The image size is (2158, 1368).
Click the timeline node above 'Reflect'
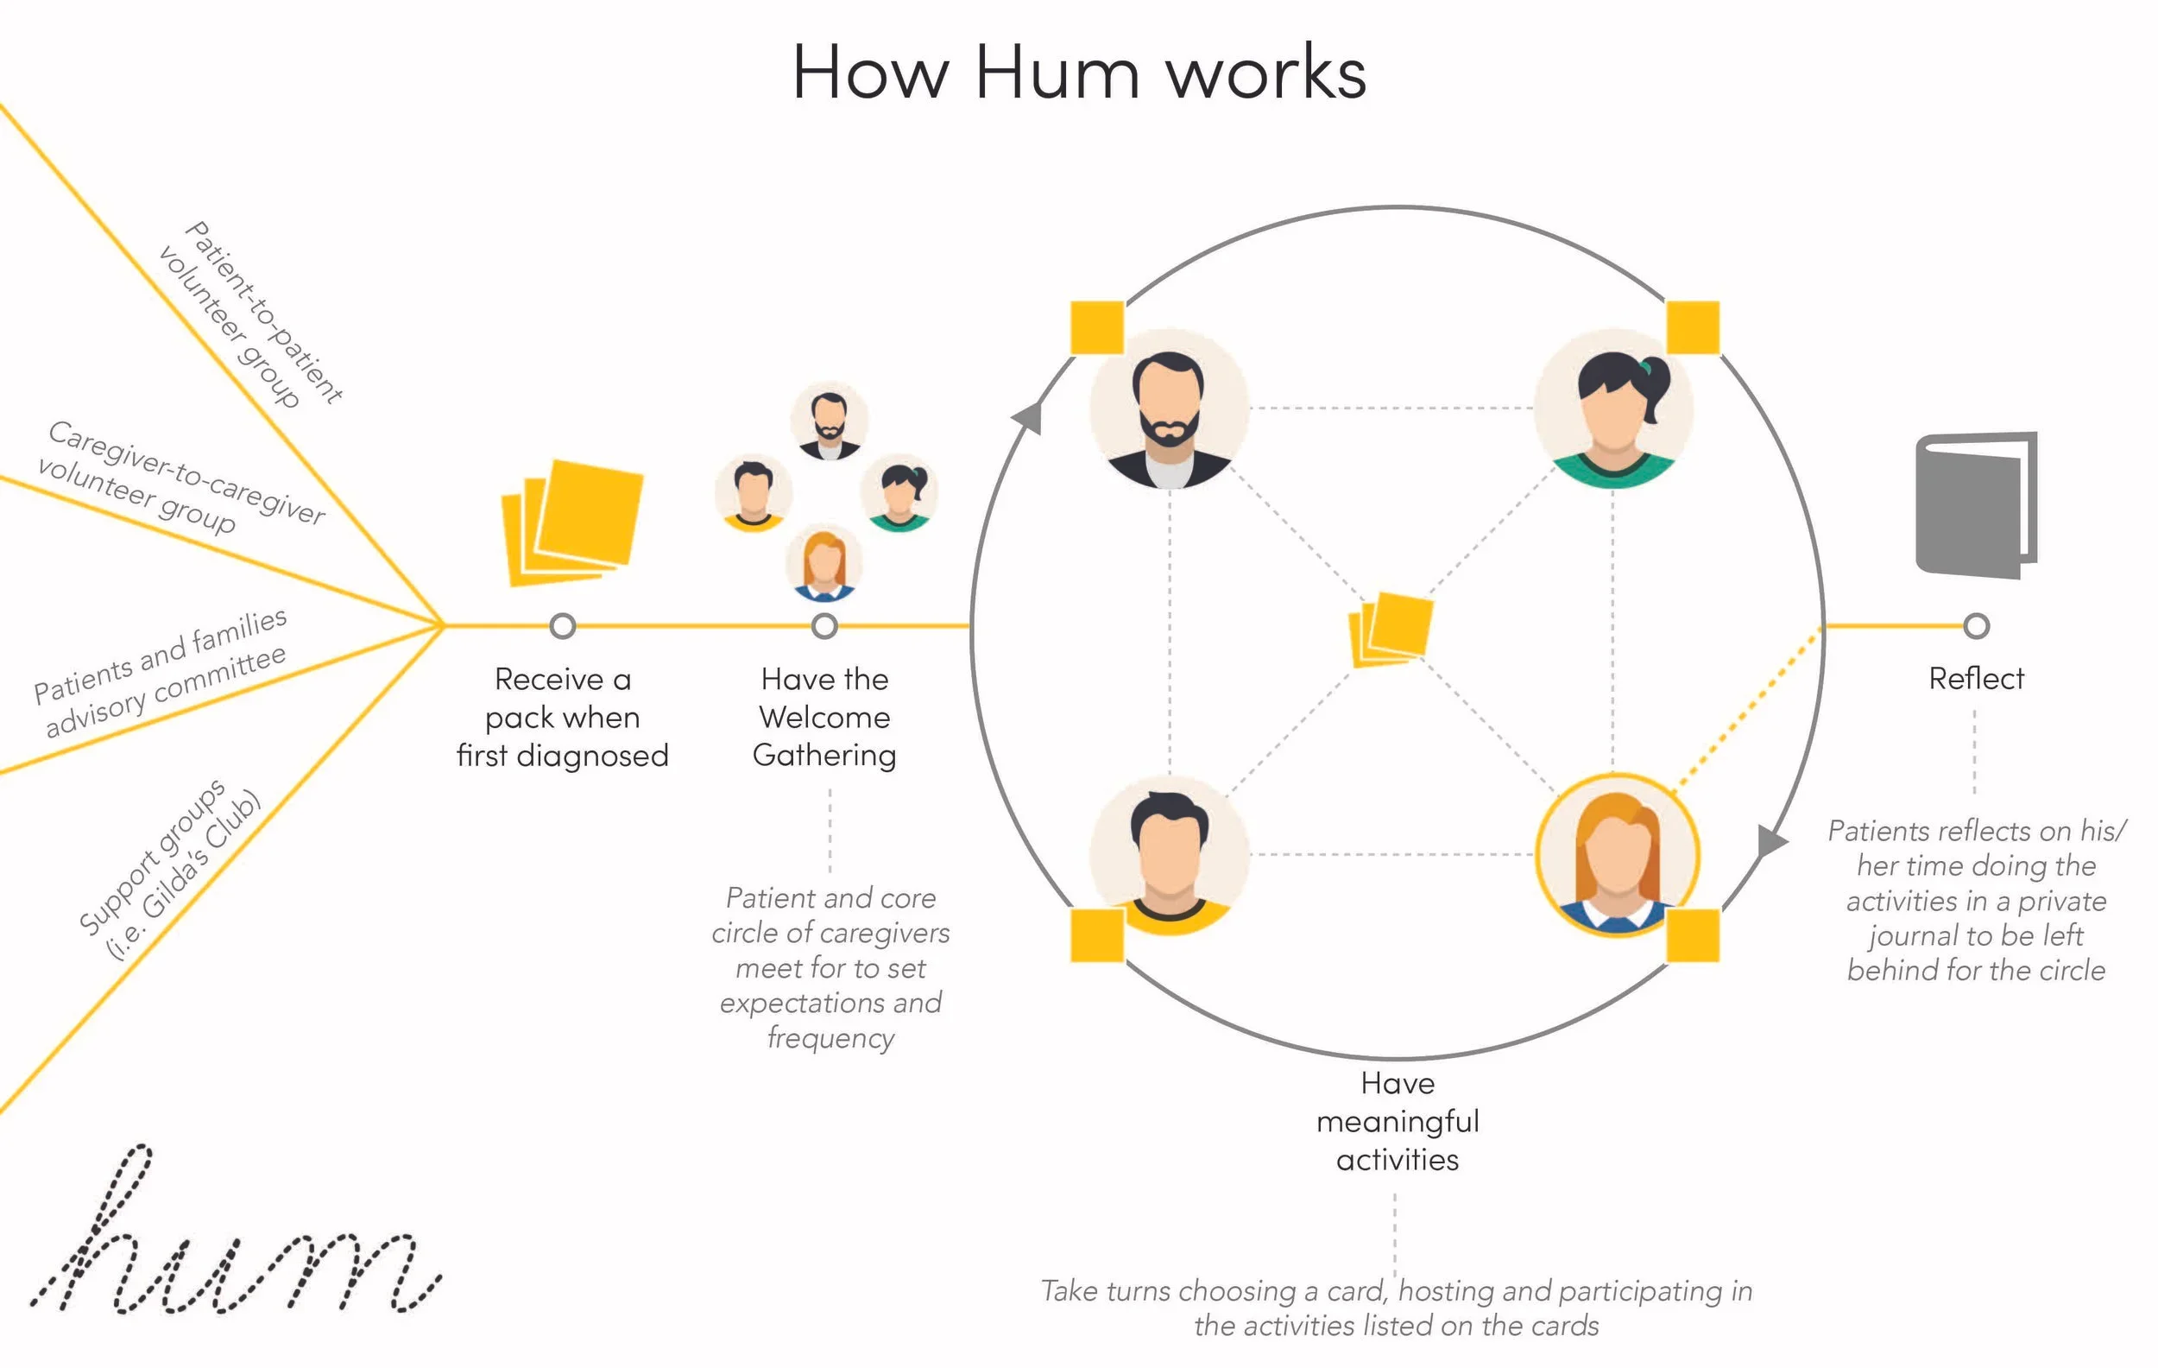(x=1975, y=626)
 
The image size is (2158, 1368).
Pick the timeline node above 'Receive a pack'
(x=563, y=626)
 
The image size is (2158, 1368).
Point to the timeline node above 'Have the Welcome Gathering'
(x=824, y=626)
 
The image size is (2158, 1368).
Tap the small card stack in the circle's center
(x=1391, y=629)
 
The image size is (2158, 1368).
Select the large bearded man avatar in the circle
(x=1169, y=408)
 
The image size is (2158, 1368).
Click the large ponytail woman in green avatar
(x=1613, y=408)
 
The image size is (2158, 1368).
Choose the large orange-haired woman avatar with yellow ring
(x=1617, y=855)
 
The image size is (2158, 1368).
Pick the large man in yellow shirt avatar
(x=1169, y=855)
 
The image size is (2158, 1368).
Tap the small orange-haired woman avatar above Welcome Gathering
(x=823, y=563)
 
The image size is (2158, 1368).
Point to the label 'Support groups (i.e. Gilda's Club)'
(x=170, y=870)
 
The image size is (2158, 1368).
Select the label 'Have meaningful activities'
(x=1398, y=1122)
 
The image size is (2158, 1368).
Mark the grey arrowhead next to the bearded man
(x=1029, y=417)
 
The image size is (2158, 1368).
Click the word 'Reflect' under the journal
(x=1976, y=679)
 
